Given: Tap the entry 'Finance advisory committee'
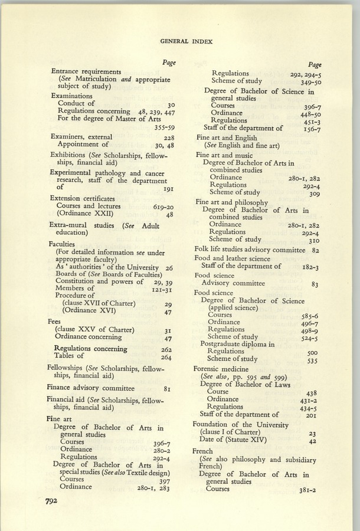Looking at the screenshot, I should click(90, 388).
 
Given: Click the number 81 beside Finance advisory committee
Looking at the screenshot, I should click(168, 389).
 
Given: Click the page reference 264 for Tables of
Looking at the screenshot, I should click(166, 357).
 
